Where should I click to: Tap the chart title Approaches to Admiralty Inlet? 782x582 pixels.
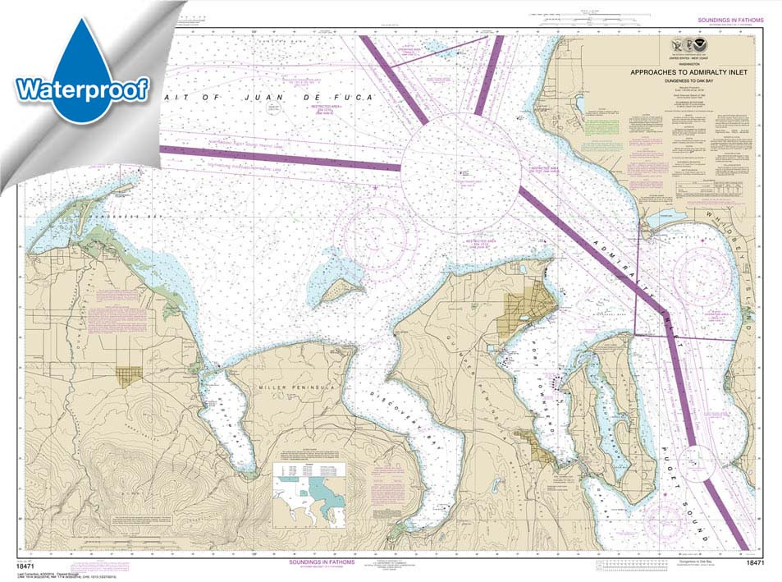684,72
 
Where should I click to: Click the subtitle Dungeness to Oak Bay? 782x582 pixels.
684,80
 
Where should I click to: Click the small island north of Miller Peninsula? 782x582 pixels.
341,288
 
